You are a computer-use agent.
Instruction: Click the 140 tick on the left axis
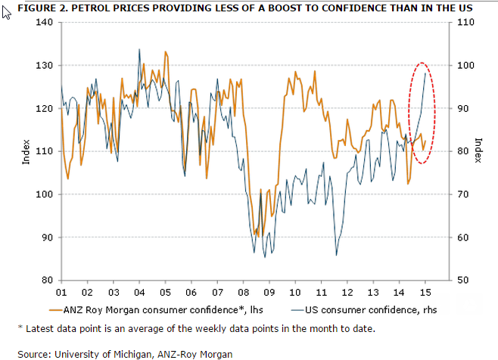[x=45, y=22]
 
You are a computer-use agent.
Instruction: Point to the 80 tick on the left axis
[x=47, y=281]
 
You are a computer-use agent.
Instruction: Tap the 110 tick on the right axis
[x=459, y=22]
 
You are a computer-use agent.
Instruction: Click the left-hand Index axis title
[x=26, y=151]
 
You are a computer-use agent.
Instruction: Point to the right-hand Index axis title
[x=478, y=151]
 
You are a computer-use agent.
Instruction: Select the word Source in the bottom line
[x=33, y=354]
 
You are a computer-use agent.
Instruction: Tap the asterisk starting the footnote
[x=20, y=327]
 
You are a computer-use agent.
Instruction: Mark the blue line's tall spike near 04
[x=139, y=50]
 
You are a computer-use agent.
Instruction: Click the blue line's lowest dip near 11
[x=336, y=255]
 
